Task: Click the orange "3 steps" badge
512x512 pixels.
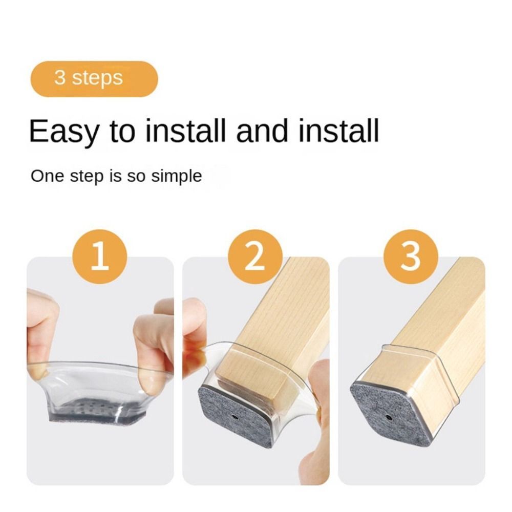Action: pos(94,79)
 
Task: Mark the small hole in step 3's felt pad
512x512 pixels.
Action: pos(388,417)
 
